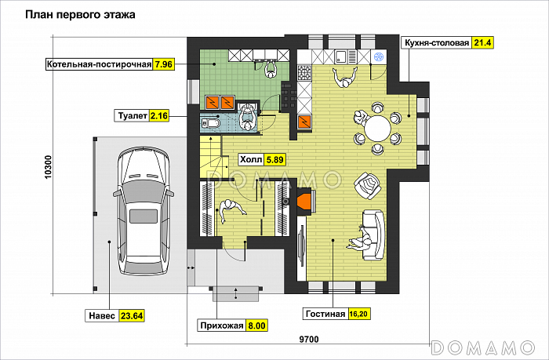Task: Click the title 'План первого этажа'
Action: (x=80, y=15)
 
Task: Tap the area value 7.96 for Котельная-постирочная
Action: (x=163, y=64)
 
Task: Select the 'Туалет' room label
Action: (x=133, y=115)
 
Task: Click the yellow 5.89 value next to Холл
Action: (x=274, y=160)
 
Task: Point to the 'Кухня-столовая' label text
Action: (x=437, y=42)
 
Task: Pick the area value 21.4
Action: (x=482, y=42)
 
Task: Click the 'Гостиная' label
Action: (x=325, y=314)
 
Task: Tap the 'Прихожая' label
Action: (x=222, y=325)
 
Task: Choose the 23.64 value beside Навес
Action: (x=132, y=316)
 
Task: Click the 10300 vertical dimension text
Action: (x=48, y=167)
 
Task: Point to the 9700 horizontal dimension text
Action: (x=309, y=340)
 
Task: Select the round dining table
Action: (x=377, y=129)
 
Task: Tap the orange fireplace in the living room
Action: (x=305, y=201)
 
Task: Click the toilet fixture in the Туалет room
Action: (x=210, y=123)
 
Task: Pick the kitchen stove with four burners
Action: (x=304, y=73)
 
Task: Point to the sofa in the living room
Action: (x=373, y=235)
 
